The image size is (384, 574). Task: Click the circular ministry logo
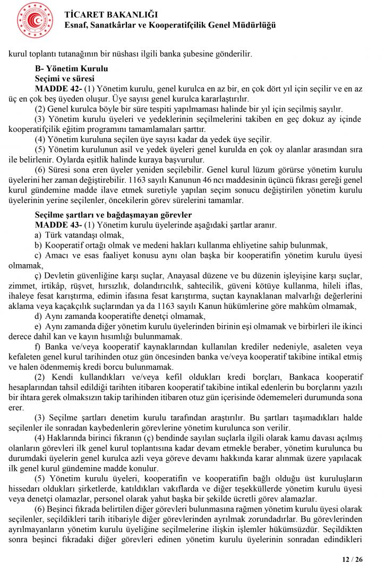tap(35, 20)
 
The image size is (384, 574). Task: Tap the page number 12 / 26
tap(352, 559)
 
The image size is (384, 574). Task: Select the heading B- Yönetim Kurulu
tap(71, 69)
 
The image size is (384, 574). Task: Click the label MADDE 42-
tap(58, 88)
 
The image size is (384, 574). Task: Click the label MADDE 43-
tap(58, 225)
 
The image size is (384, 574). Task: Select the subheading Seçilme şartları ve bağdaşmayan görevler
tap(113, 215)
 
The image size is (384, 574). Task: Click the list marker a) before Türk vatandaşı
tap(38, 235)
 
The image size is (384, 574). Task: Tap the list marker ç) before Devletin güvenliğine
tap(38, 275)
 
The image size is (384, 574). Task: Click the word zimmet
tap(22, 285)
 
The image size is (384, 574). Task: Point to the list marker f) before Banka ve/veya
tap(37, 346)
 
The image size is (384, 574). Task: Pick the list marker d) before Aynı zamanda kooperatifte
tap(38, 316)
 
